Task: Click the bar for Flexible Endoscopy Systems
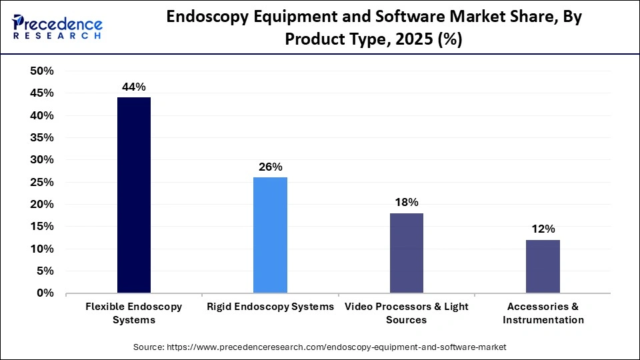tap(133, 195)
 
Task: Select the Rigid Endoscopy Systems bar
tap(270, 235)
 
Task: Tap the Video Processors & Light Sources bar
tap(406, 253)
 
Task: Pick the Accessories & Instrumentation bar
tap(543, 266)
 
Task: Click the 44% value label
tap(133, 87)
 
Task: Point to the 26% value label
tap(270, 167)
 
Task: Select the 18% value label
tap(406, 202)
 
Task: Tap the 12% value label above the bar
tap(543, 229)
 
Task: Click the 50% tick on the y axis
tap(42, 71)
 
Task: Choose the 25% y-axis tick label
tap(42, 182)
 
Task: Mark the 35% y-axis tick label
tap(42, 138)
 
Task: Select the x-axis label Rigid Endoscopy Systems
tap(270, 307)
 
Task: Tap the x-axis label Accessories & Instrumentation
tap(543, 313)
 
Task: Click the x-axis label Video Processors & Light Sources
tap(406, 313)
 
